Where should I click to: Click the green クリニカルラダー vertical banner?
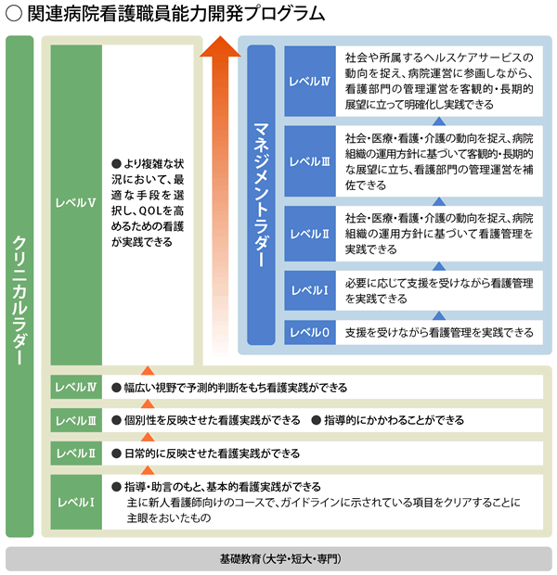19,286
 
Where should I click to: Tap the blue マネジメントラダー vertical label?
261,195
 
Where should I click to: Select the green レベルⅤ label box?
76,205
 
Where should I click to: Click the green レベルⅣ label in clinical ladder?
76,388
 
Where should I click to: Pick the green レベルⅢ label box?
76,420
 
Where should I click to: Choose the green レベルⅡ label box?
76,454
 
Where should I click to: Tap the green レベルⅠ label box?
76,502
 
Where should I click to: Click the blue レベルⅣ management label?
310,81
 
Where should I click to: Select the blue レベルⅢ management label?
310,161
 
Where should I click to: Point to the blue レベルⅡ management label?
310,234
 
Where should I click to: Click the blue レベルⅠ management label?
310,290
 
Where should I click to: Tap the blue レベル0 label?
310,332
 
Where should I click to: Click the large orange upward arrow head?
220,46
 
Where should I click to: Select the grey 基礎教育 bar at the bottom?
278,559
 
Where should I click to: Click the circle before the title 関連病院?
14,14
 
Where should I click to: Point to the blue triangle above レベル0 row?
439,315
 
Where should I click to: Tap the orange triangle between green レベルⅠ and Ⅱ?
148,470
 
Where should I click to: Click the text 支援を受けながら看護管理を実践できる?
439,333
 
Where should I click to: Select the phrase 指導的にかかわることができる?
394,420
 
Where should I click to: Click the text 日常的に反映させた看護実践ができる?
213,454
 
